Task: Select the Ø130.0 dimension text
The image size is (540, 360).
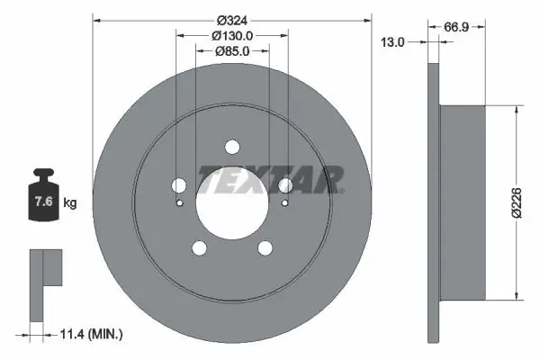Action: pos(231,35)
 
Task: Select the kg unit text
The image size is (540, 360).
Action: pos(70,203)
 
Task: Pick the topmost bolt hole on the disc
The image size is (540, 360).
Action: pos(231,148)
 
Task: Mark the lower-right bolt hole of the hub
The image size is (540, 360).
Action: pos(265,249)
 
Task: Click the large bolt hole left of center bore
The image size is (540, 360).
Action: pos(178,186)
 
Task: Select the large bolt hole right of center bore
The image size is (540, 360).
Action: pos(285,186)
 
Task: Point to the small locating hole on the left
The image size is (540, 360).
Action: pos(180,202)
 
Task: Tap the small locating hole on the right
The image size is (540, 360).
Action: pos(283,202)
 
